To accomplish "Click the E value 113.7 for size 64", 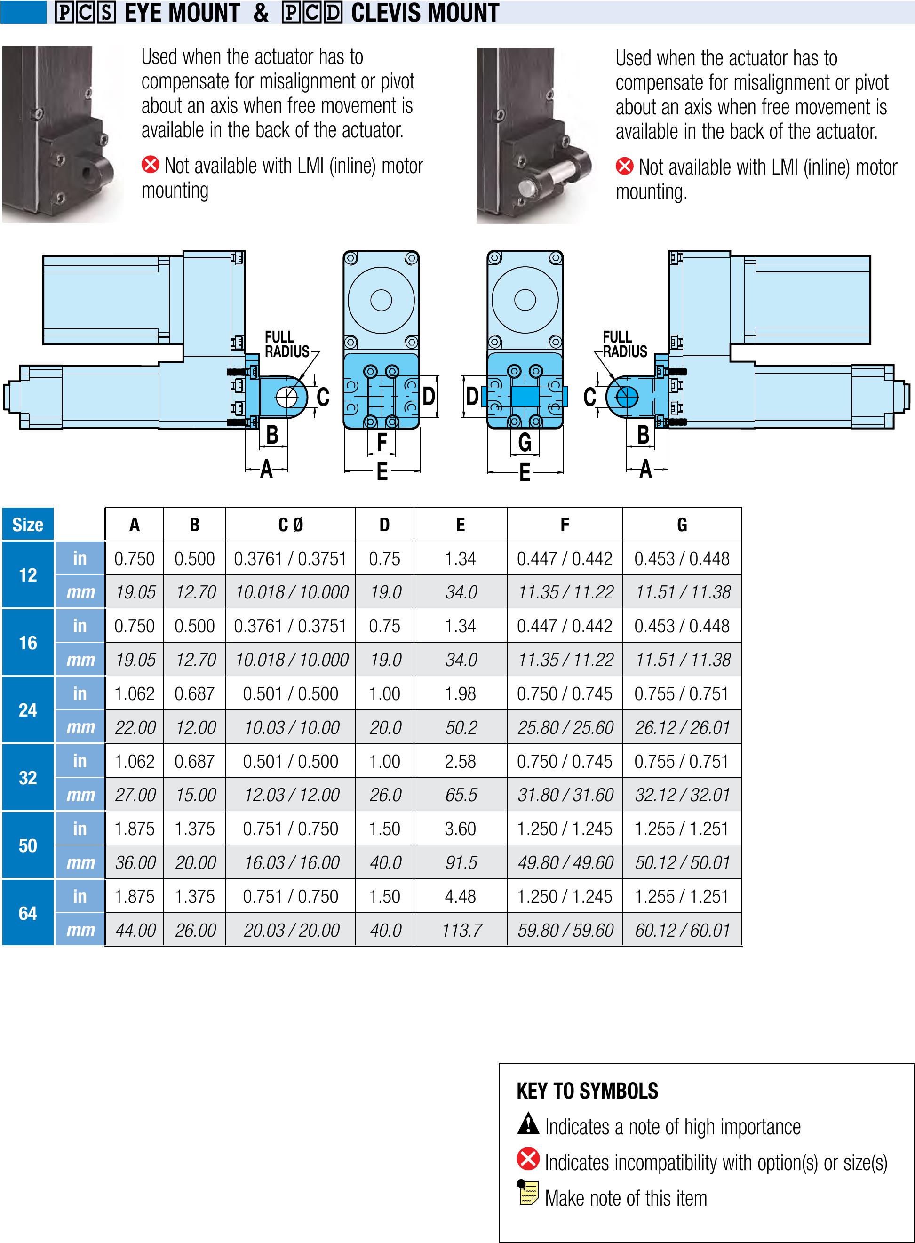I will click(461, 930).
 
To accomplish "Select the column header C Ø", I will click(290, 525).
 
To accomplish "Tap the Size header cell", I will click(28, 525).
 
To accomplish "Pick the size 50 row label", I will click(28, 845).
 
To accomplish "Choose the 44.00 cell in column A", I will click(135, 930).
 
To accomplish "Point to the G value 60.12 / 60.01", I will click(683, 930).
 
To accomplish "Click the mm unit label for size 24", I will click(80, 727).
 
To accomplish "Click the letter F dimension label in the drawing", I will click(382, 442).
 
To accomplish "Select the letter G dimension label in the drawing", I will click(525, 442).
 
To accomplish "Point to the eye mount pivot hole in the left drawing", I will click(286, 397).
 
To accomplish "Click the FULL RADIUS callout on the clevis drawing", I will click(624, 344).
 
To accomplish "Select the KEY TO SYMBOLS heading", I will click(587, 1091).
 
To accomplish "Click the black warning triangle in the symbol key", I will click(528, 1123).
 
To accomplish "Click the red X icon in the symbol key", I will click(528, 1159).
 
